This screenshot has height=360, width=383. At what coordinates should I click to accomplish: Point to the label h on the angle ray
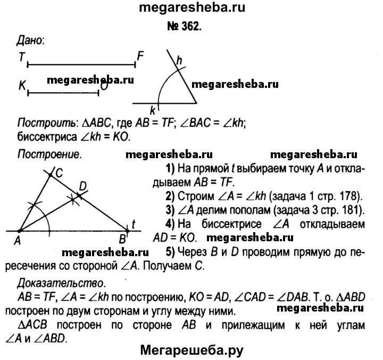pos(179,61)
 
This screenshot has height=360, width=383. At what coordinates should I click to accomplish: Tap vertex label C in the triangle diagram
pos(59,173)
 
